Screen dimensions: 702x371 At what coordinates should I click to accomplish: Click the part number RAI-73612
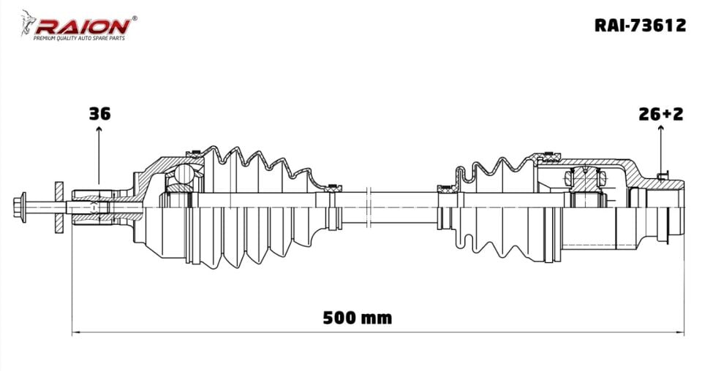click(641, 25)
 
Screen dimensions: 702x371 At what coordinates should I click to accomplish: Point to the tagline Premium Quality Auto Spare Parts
click(79, 39)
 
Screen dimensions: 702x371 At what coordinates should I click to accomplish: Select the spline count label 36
click(99, 114)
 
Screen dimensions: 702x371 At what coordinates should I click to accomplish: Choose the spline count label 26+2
click(661, 114)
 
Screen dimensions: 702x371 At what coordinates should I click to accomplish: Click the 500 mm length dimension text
click(358, 318)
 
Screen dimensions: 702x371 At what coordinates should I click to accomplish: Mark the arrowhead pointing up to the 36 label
click(99, 129)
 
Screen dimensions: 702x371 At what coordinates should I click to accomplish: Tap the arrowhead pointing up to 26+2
click(660, 128)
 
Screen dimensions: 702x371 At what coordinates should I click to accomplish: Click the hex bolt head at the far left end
click(20, 207)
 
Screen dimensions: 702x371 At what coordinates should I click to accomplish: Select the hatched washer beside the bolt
click(58, 207)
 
